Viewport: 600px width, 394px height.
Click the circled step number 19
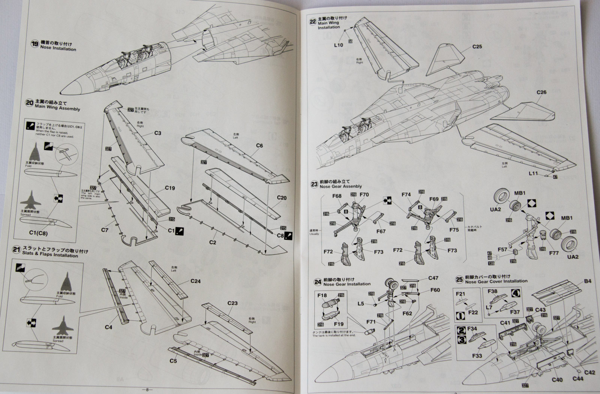click(x=35, y=44)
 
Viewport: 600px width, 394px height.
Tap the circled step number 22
click(x=312, y=22)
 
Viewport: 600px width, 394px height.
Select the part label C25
click(x=477, y=47)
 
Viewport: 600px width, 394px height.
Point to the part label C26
click(x=541, y=92)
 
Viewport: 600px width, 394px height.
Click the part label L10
click(x=338, y=45)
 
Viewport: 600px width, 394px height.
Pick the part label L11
click(x=533, y=173)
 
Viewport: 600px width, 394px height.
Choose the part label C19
click(x=169, y=188)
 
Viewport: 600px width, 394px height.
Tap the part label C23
click(x=232, y=303)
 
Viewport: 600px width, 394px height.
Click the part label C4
click(x=108, y=327)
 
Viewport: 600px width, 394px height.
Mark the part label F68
click(x=336, y=195)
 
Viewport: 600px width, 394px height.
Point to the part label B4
click(x=587, y=281)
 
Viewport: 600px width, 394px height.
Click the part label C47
click(x=433, y=278)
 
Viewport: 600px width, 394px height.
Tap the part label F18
click(x=322, y=296)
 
